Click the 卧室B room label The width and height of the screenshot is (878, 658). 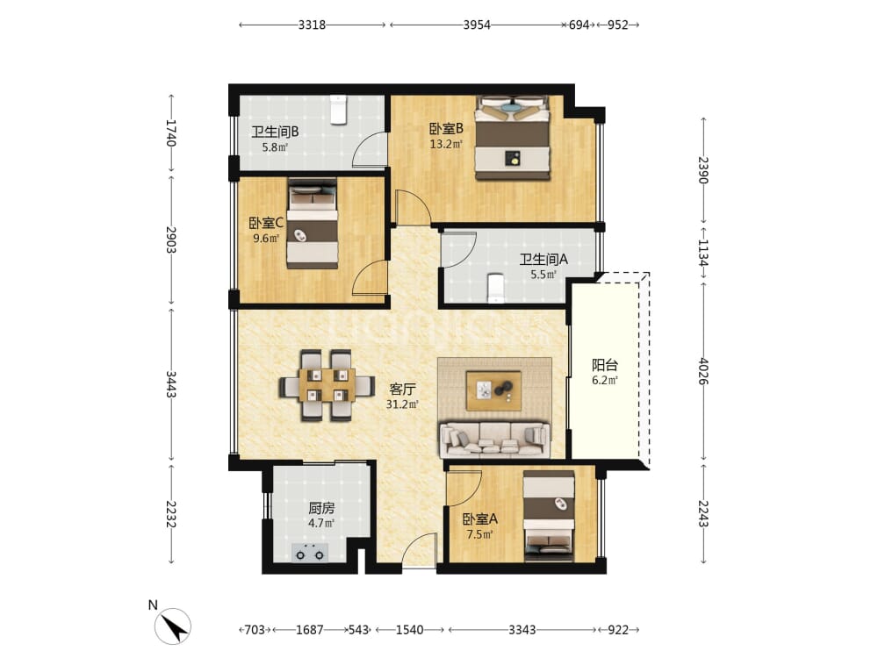click(x=446, y=129)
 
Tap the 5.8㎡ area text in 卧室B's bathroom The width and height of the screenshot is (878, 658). click(x=274, y=147)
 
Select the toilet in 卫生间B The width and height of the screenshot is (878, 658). click(x=338, y=110)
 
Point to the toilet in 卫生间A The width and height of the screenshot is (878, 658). click(x=495, y=288)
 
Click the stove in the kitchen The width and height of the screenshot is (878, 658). click(x=310, y=552)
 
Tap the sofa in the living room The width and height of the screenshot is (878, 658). click(x=495, y=440)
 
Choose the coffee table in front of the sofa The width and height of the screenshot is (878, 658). click(x=493, y=390)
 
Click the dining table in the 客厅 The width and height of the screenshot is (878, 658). click(x=327, y=385)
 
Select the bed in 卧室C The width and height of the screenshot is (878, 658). click(x=313, y=224)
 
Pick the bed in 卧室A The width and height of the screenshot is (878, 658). click(x=549, y=516)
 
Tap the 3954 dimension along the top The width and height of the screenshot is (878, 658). click(x=477, y=25)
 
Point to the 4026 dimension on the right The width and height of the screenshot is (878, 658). click(x=703, y=371)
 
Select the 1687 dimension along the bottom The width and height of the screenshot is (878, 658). click(x=310, y=630)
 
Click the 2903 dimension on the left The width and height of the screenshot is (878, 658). click(x=171, y=240)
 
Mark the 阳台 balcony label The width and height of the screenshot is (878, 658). click(x=605, y=365)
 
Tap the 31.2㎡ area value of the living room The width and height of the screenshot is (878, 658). click(x=402, y=404)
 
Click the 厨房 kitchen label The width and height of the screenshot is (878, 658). click(x=321, y=508)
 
